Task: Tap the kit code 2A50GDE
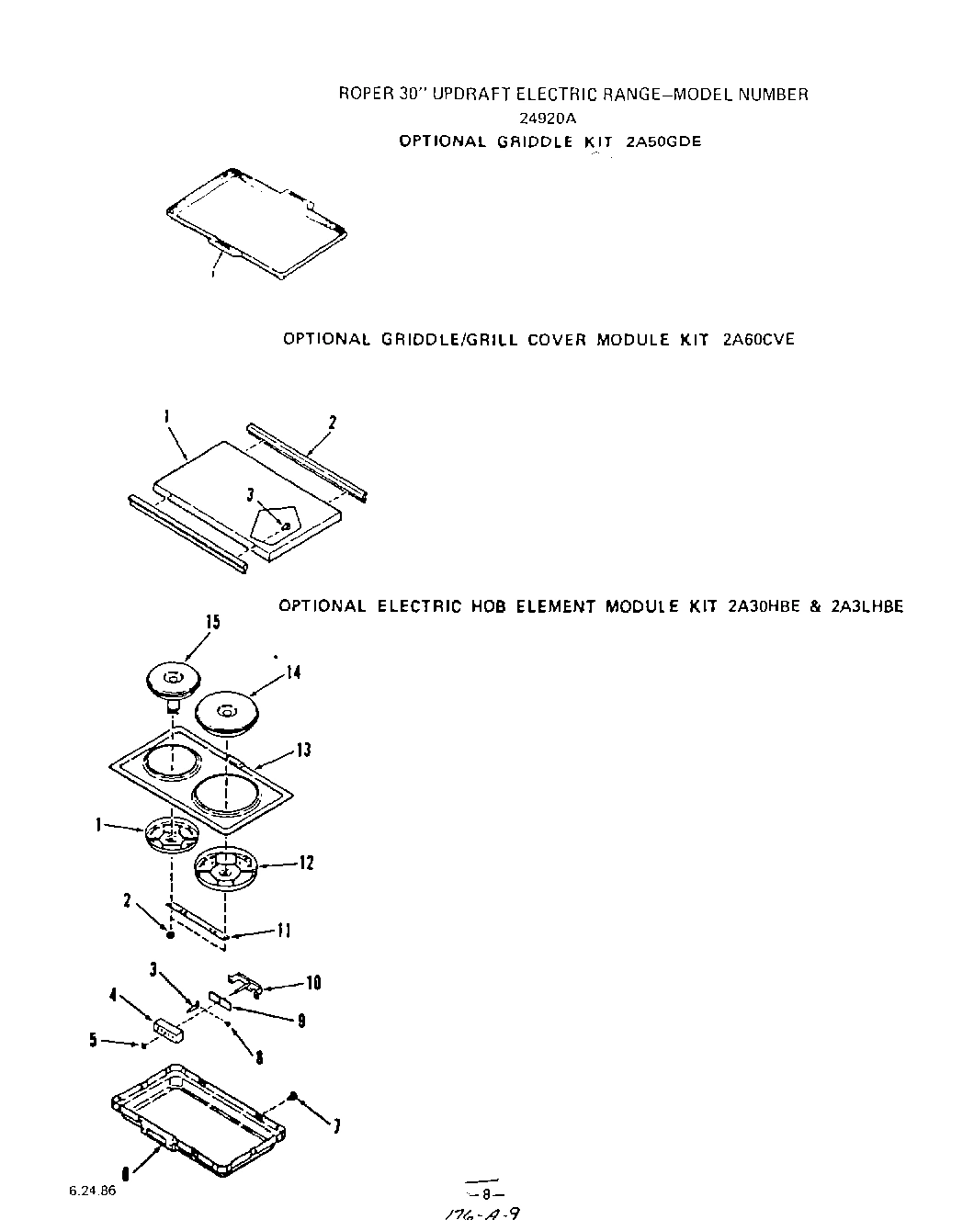tap(663, 141)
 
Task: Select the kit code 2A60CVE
tap(758, 339)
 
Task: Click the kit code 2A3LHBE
tap(866, 606)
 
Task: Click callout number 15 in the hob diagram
tap(212, 623)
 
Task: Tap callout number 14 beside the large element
tap(293, 672)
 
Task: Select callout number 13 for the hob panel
tap(303, 751)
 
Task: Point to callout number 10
tap(313, 983)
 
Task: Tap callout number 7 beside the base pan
tap(337, 1126)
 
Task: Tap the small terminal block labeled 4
tap(168, 1029)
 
